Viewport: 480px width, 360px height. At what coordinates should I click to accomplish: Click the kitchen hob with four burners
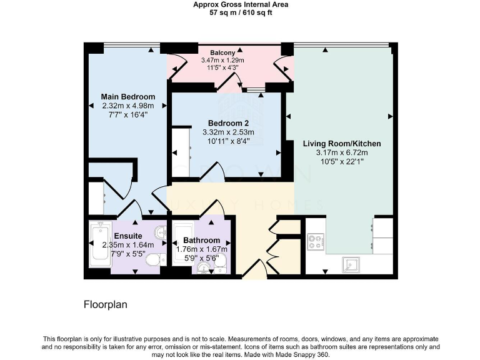click(315, 241)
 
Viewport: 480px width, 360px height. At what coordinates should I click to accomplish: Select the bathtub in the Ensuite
click(100, 246)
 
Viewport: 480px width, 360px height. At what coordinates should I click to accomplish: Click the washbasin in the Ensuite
click(160, 232)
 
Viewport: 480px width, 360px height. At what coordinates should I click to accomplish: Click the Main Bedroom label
click(128, 97)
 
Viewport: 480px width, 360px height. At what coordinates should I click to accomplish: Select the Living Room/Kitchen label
click(341, 144)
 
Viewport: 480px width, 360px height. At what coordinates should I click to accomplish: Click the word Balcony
click(222, 52)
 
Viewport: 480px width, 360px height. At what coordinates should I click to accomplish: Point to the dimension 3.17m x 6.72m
click(341, 152)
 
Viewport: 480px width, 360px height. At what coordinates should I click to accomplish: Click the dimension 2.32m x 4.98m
click(128, 106)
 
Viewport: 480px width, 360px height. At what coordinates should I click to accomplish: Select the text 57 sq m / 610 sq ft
click(240, 12)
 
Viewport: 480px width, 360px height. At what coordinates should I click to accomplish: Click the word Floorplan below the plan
click(104, 305)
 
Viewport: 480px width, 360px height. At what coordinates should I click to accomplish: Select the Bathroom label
click(201, 241)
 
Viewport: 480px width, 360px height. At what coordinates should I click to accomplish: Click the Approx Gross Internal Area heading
click(240, 4)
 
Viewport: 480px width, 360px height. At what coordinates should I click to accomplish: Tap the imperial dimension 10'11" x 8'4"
click(228, 141)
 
